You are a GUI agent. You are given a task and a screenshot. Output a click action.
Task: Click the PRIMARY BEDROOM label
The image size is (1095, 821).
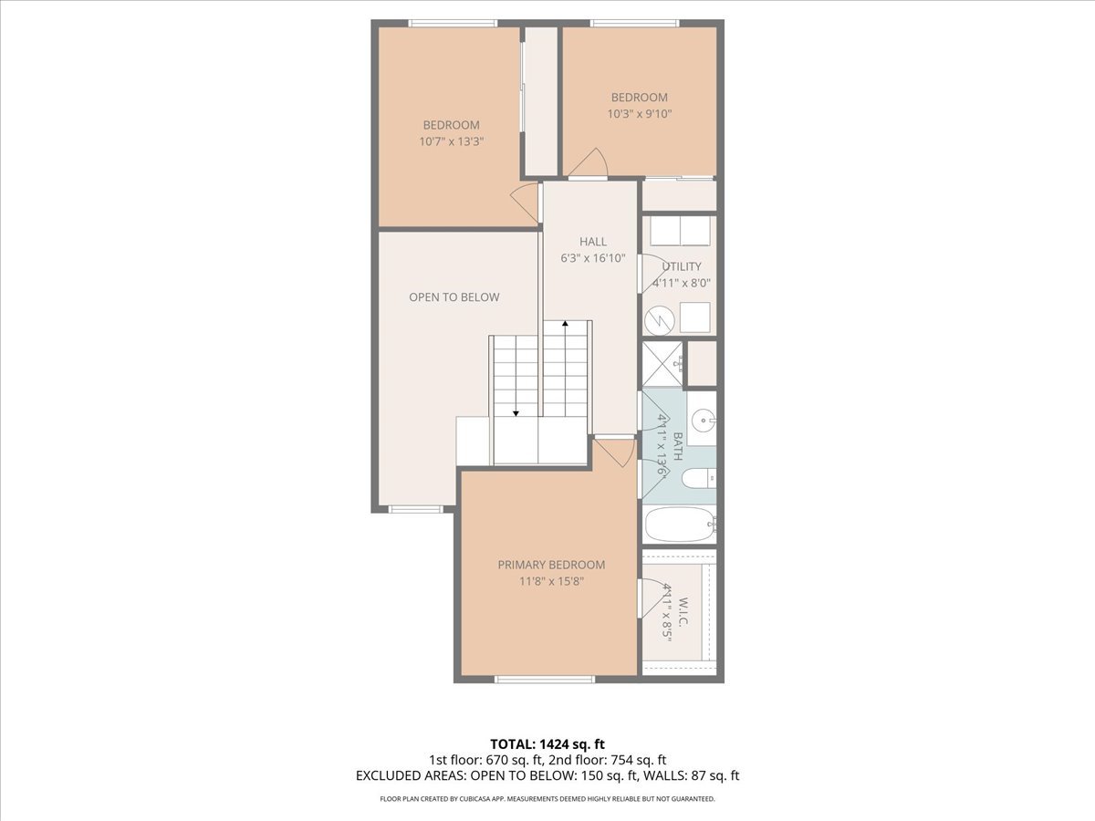(551, 565)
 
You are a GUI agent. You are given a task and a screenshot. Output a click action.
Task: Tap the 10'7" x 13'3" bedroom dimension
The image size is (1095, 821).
(451, 141)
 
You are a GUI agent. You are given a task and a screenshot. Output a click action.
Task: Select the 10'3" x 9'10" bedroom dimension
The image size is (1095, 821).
(639, 114)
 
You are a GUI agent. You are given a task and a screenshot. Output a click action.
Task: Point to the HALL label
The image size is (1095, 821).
(592, 242)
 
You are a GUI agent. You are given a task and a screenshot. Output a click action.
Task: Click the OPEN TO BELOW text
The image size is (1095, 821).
(454, 297)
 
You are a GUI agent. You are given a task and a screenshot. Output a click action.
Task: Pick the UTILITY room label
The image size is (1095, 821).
(682, 266)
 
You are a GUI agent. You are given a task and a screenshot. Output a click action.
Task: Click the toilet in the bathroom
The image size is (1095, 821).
(698, 478)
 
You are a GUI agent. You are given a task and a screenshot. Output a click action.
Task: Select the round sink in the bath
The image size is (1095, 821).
(702, 421)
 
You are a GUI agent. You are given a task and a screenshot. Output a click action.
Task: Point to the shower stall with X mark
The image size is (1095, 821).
(662, 363)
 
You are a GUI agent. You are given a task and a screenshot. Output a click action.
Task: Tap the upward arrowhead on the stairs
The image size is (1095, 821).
(566, 324)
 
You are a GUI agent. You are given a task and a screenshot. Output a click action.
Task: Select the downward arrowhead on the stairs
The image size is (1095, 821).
(516, 413)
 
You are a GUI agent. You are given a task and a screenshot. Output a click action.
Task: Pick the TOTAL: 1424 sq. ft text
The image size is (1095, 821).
(547, 743)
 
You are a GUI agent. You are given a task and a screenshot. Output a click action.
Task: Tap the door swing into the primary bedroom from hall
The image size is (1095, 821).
(615, 452)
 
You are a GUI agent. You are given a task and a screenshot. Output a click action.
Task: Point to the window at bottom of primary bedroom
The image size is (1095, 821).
(545, 679)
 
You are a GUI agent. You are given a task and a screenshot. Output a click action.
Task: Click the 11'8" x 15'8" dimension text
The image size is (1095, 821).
(551, 581)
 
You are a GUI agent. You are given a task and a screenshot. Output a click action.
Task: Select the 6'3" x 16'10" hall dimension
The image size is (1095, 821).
(592, 258)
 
